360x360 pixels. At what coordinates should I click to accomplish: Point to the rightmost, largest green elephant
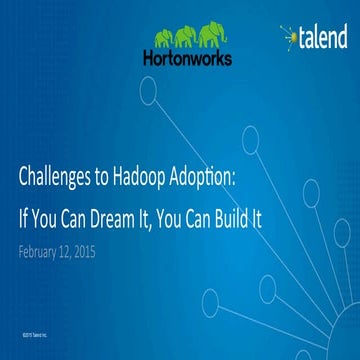pyautogui.click(x=208, y=37)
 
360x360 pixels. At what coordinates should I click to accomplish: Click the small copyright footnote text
pyautogui.click(x=29, y=326)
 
